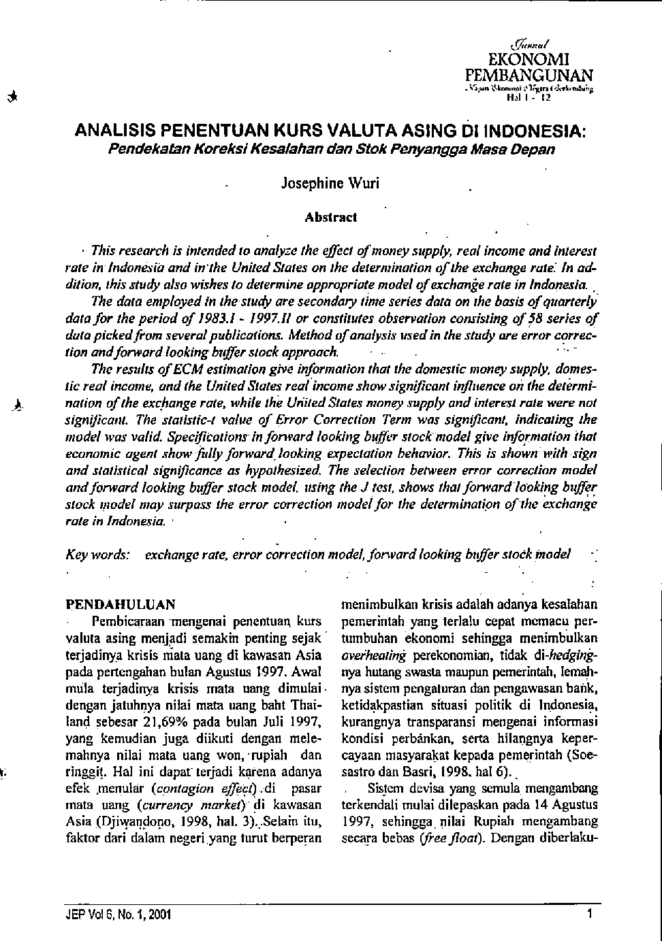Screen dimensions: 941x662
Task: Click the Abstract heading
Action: pyautogui.click(x=330, y=218)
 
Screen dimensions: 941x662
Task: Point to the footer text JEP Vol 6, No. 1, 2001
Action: pyautogui.click(x=114, y=914)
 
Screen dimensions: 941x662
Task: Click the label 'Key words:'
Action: pyautogui.click(x=98, y=555)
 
